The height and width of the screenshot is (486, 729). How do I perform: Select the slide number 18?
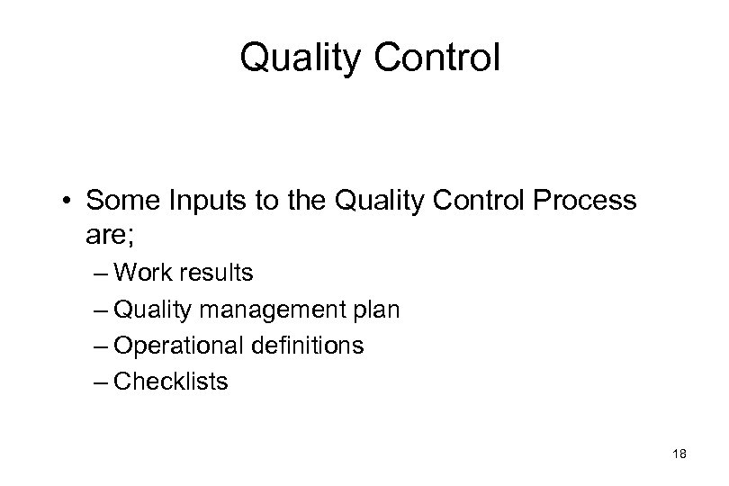pyautogui.click(x=679, y=455)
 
